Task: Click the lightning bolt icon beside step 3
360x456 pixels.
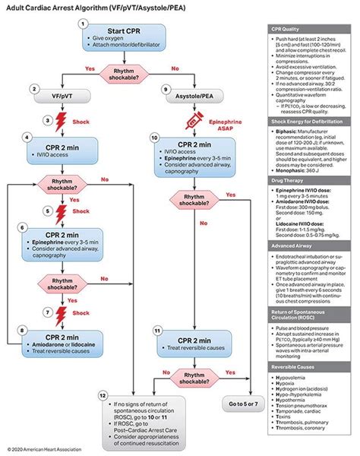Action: [62, 120]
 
